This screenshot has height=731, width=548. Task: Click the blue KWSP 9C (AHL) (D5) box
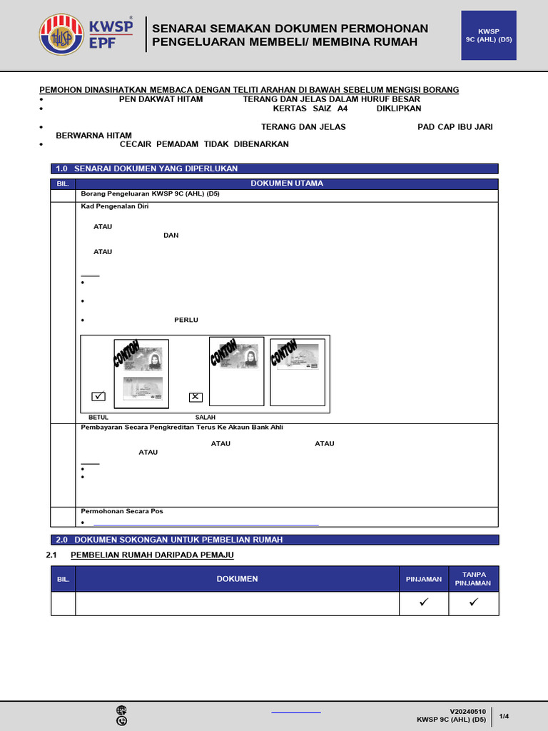pos(489,36)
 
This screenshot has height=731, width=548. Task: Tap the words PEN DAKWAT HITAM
pos(161,99)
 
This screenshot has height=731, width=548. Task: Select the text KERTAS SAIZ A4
pos(310,109)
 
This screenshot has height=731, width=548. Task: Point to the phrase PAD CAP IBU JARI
pos(455,127)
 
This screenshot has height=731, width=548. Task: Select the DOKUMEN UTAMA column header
pos(287,183)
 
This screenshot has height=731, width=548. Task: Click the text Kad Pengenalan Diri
pos(115,206)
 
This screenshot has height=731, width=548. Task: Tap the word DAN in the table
pos(171,236)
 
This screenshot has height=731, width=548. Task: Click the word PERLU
pos(186,320)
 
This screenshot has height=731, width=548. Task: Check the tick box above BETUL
pos(98,396)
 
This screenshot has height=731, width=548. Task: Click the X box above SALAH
pos(196,397)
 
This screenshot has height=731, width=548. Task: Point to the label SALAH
pos(205,417)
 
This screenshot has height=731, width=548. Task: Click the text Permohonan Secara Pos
pos(122,511)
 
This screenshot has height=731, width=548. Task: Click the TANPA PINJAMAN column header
pos(473,579)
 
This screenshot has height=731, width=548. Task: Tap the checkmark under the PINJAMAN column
pos(423,603)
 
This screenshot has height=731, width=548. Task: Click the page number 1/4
pos(504,716)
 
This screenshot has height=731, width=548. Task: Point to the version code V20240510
pos(467,711)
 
